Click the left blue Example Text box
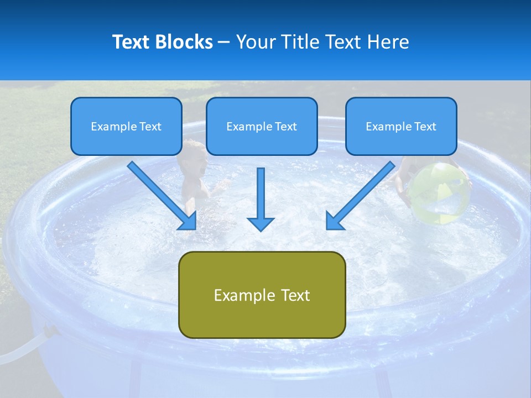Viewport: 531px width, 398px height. coord(126,127)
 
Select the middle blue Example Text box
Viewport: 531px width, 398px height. coord(262,127)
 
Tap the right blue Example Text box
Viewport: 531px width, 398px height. coord(401,127)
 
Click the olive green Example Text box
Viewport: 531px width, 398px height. coord(262,295)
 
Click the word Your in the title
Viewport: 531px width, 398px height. coord(256,42)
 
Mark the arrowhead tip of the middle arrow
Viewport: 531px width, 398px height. coord(261,229)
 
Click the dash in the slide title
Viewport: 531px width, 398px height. coord(224,43)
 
